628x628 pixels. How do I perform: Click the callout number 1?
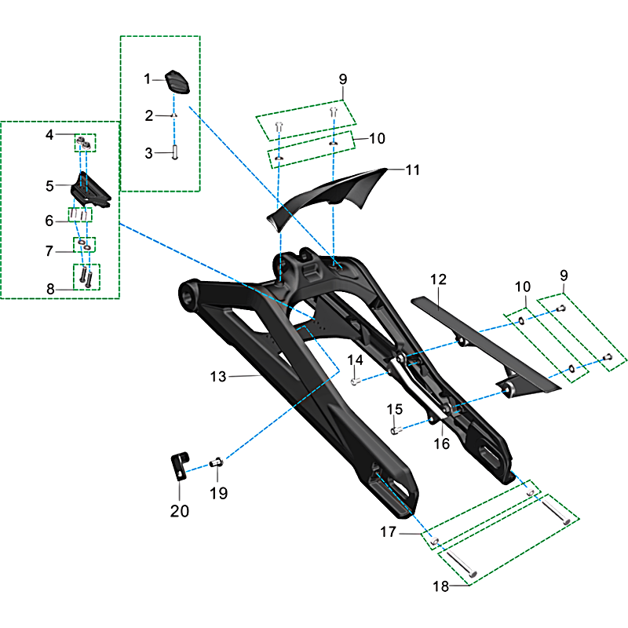click(147, 79)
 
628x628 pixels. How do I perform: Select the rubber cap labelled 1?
click(177, 82)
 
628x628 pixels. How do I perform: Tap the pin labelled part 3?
click(174, 152)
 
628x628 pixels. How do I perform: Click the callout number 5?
click(49, 186)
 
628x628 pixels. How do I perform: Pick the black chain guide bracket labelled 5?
click(90, 190)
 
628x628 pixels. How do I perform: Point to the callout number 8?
click(50, 289)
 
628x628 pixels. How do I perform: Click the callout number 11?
click(413, 170)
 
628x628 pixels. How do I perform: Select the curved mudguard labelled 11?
click(327, 196)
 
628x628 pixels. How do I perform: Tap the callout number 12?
click(438, 279)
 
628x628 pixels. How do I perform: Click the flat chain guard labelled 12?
click(484, 344)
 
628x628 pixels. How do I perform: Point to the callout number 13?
click(218, 377)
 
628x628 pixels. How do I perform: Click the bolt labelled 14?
click(356, 382)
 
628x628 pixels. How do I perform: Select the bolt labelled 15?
click(396, 430)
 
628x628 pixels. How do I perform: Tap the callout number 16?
click(441, 444)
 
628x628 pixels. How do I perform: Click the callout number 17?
click(388, 532)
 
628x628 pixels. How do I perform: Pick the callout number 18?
click(440, 586)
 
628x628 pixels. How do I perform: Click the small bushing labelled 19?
click(217, 462)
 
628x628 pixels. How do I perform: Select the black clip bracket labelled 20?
click(180, 466)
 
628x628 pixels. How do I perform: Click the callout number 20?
click(180, 511)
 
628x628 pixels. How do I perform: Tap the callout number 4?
click(49, 134)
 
